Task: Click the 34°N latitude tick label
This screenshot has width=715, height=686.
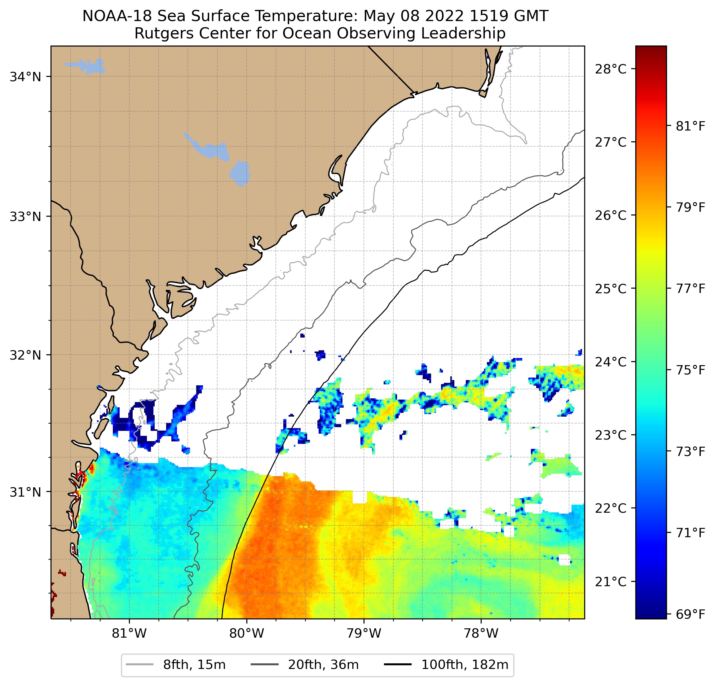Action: coord(25,77)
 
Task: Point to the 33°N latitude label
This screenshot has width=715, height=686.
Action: coord(25,216)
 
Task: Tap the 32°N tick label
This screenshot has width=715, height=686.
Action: coord(25,355)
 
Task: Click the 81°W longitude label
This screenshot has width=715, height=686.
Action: coord(129,633)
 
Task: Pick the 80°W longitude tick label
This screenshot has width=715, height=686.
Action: coord(247,633)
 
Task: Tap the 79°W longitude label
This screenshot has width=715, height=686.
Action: coord(364,633)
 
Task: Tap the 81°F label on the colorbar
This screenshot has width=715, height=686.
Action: coord(690,126)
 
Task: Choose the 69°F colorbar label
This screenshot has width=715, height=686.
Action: coord(690,614)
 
